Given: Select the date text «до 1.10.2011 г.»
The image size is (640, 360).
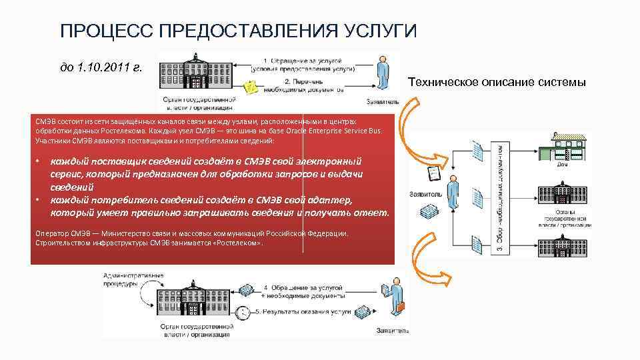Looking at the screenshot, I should point(101,68).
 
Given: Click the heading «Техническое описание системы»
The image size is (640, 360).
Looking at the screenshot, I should point(497,83).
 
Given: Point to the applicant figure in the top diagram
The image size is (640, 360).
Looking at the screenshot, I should point(382,73).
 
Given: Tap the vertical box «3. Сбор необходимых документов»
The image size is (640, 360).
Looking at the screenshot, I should point(501,199).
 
